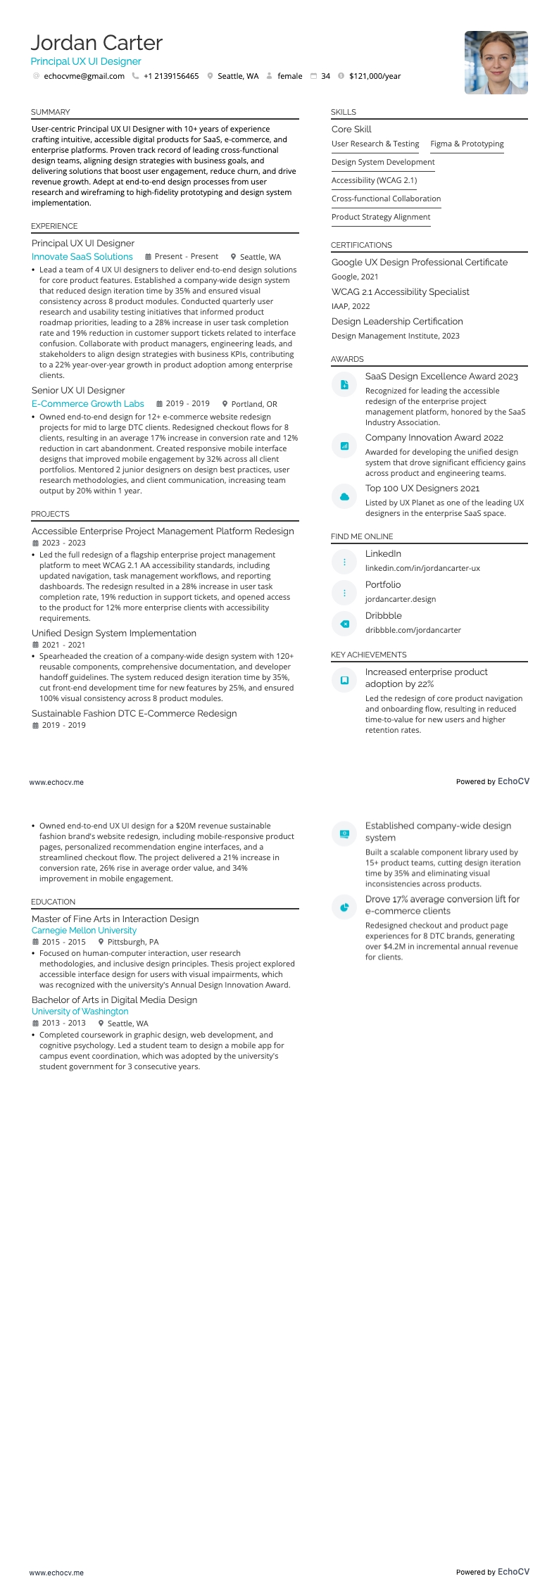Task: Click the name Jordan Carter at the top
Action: tap(96, 43)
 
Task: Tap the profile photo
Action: tap(496, 63)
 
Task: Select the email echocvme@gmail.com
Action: tap(84, 76)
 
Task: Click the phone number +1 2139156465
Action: tap(171, 76)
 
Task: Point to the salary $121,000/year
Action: tap(375, 76)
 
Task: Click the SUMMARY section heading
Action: tap(51, 112)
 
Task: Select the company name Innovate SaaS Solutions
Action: tap(82, 257)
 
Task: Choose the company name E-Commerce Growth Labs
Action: tap(88, 404)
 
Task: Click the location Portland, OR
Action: tap(254, 404)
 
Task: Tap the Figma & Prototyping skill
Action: tap(467, 144)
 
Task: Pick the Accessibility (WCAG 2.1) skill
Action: tap(374, 180)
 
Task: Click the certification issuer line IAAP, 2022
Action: tap(351, 306)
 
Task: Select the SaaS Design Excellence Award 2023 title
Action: tap(441, 377)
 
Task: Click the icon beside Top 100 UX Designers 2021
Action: tap(344, 496)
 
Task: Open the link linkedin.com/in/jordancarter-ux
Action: tap(422, 568)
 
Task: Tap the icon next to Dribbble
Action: tap(344, 624)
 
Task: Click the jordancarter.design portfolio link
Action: tap(400, 599)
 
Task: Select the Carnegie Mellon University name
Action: tap(84, 931)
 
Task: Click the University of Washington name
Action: tap(80, 1012)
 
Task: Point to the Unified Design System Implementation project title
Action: tap(114, 634)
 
